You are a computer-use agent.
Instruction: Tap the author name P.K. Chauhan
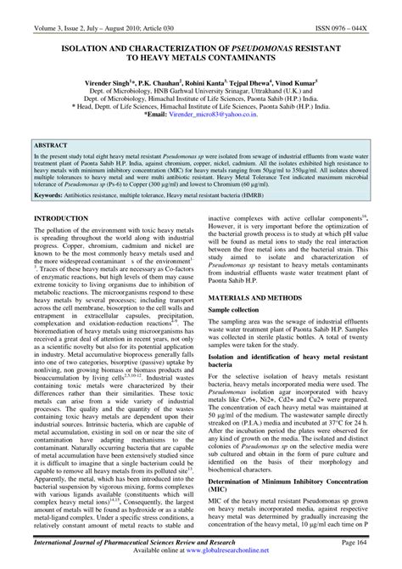[166, 74]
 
